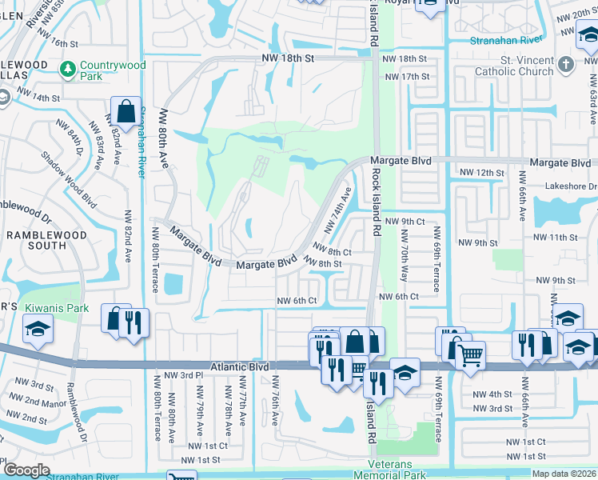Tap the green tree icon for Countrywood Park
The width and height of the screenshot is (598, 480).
(69, 66)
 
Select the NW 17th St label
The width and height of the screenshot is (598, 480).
(407, 77)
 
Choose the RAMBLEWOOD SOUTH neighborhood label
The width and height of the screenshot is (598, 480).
(36, 239)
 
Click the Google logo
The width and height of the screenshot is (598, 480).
(26, 470)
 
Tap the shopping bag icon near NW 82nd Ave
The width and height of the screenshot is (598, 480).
(127, 112)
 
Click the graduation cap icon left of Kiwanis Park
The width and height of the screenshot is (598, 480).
(36, 330)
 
